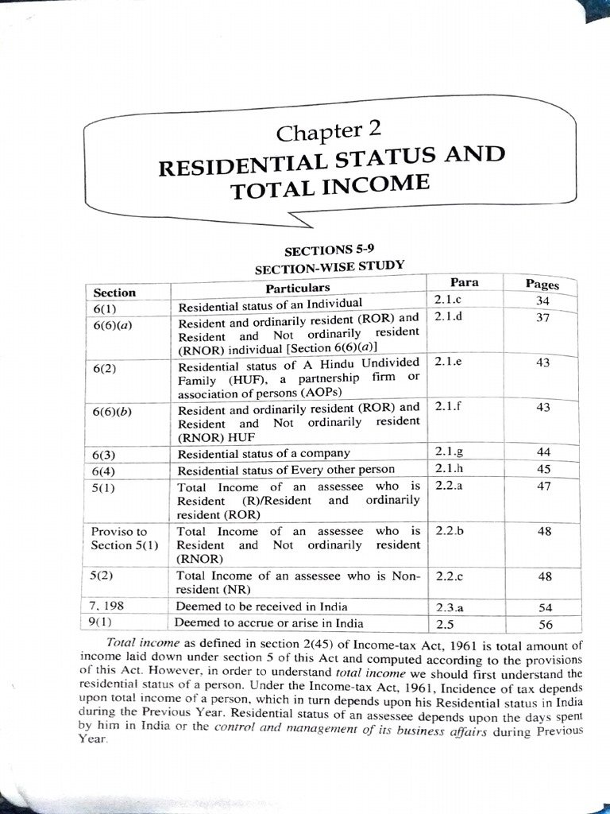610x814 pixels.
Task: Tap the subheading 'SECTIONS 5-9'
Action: [x=329, y=250]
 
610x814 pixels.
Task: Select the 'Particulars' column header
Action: [x=298, y=287]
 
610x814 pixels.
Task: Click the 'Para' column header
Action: [x=465, y=282]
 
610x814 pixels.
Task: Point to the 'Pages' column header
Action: [x=542, y=285]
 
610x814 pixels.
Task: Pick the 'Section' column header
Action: [x=114, y=293]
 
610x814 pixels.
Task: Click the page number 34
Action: [x=543, y=300]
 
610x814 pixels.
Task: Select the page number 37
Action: [x=543, y=317]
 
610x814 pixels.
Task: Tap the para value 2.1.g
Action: [x=450, y=452]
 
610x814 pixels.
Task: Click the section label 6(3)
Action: [x=105, y=455]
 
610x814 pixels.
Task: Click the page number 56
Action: [x=546, y=624]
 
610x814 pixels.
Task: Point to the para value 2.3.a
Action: [x=450, y=607]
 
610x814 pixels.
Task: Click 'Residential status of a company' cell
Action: [x=264, y=453]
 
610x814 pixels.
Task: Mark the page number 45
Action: [x=544, y=468]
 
